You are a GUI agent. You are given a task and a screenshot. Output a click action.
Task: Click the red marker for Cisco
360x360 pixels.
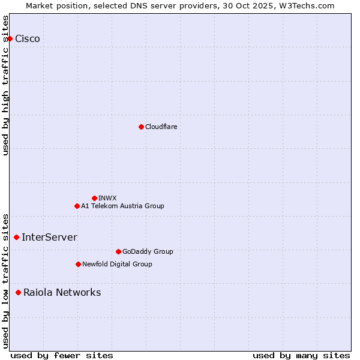pyautogui.click(x=10, y=39)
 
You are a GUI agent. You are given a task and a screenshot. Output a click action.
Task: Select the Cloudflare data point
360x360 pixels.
pyautogui.click(x=141, y=127)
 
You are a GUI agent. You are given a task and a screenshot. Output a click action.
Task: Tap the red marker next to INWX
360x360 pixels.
pyautogui.click(x=94, y=198)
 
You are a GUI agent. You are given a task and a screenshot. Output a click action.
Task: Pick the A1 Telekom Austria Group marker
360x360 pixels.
pyautogui.click(x=77, y=206)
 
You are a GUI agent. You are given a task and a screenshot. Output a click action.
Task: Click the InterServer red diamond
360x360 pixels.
pyautogui.click(x=16, y=238)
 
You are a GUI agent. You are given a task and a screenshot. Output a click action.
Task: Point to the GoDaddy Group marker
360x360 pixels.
pyautogui.click(x=118, y=251)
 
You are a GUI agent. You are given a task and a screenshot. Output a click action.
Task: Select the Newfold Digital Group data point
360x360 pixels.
pyautogui.click(x=78, y=264)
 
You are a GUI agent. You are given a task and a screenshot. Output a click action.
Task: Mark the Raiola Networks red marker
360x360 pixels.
pyautogui.click(x=19, y=293)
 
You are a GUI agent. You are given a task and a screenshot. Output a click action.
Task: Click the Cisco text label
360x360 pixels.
pyautogui.click(x=28, y=39)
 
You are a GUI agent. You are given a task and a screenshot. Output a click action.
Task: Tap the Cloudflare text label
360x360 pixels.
pyautogui.click(x=161, y=127)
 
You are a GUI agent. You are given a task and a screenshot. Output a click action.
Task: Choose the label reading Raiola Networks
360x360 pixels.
pyautogui.click(x=62, y=293)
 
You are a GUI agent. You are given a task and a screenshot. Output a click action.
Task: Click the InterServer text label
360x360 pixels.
pyautogui.click(x=49, y=238)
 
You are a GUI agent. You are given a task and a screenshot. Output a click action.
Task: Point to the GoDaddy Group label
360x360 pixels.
pyautogui.click(x=148, y=251)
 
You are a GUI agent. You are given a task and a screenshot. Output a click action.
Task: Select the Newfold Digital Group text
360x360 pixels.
pyautogui.click(x=117, y=264)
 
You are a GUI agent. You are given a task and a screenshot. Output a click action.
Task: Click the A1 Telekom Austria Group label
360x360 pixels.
pyautogui.click(x=122, y=206)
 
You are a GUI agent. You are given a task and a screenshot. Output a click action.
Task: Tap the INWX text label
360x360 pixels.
pyautogui.click(x=107, y=198)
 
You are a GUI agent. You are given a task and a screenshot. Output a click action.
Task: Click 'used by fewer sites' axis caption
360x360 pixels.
pyautogui.click(x=62, y=355)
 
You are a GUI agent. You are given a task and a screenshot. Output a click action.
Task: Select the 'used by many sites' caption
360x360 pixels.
pyautogui.click(x=301, y=355)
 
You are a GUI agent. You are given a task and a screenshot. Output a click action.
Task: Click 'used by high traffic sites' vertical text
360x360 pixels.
pyautogui.click(x=5, y=85)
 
